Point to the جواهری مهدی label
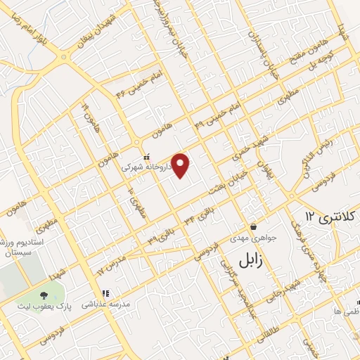tap(251, 238)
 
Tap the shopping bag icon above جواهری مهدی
tap(253, 227)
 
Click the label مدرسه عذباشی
tap(107, 304)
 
